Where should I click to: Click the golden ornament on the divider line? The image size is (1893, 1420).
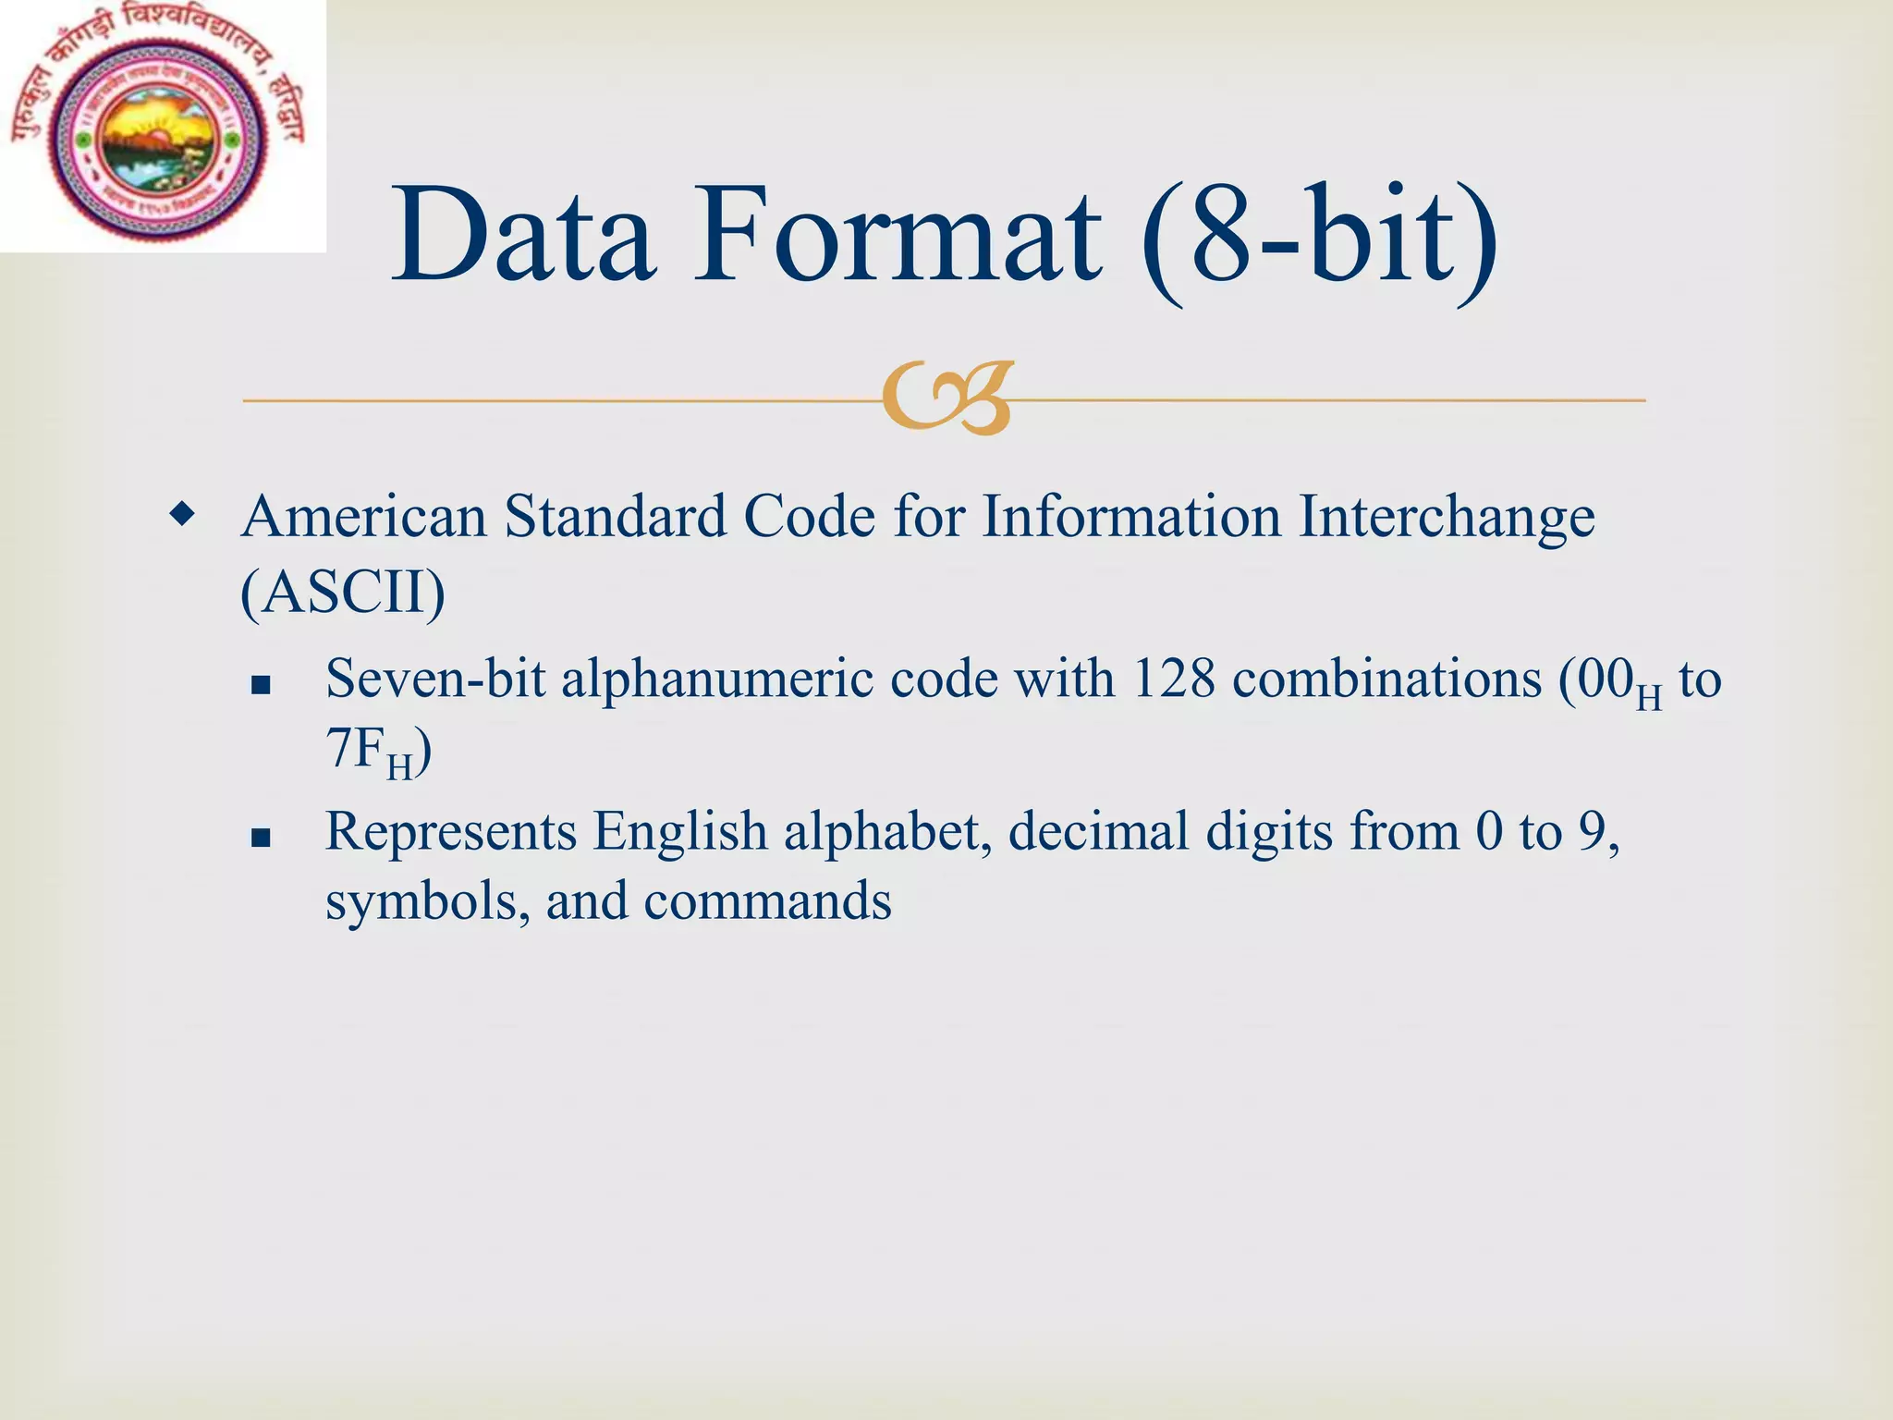tap(947, 398)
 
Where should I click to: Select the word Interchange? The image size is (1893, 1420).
tap(1446, 518)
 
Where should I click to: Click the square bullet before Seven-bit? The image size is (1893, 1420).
tap(261, 685)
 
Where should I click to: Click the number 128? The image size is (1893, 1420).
tap(1173, 679)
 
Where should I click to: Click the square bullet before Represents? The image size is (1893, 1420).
tap(261, 838)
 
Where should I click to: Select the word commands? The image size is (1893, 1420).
tap(767, 901)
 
